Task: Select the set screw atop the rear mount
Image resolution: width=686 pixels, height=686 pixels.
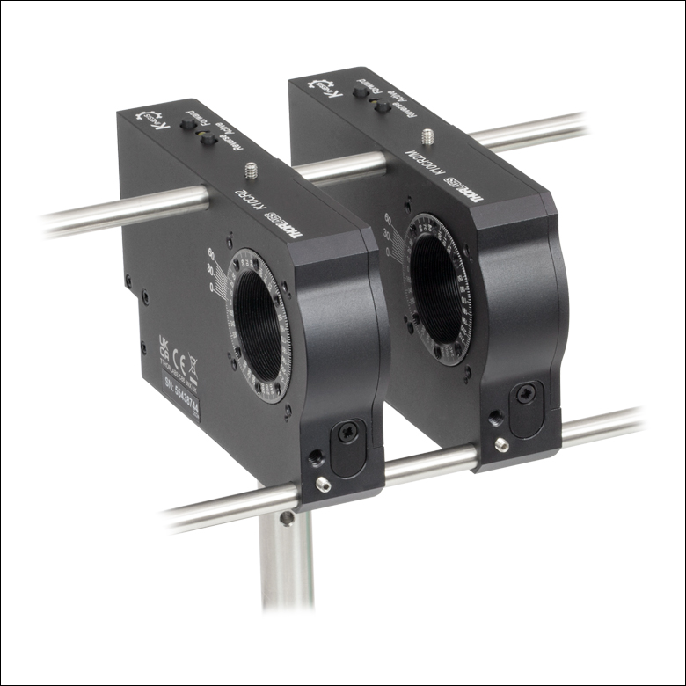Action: (x=428, y=136)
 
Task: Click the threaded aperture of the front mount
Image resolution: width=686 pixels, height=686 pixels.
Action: (x=259, y=325)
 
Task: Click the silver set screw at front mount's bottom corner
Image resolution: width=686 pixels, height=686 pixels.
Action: (x=323, y=484)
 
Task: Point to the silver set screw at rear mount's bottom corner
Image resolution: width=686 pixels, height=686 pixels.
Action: (x=501, y=446)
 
